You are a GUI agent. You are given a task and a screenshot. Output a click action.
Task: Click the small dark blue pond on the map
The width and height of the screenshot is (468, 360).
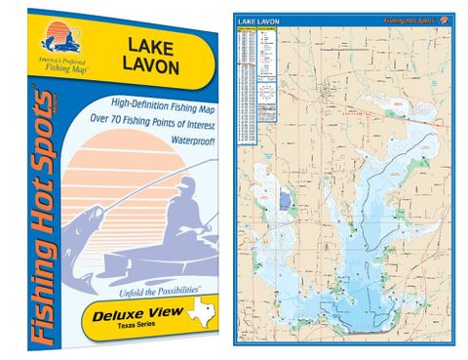(x=284, y=201)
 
